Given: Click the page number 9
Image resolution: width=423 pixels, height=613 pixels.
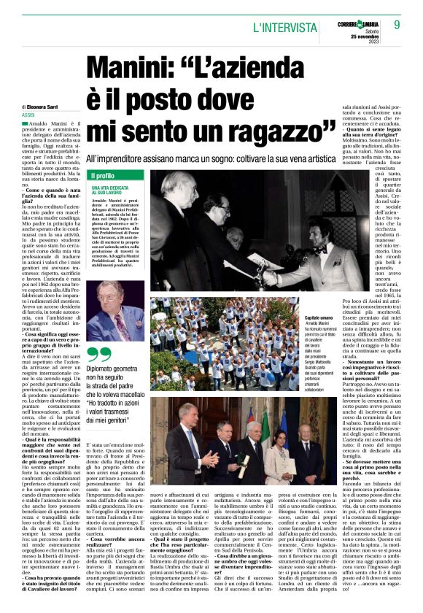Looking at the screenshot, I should coord(397,24).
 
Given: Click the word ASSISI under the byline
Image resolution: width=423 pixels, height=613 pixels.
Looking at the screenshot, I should coord(29,115).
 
